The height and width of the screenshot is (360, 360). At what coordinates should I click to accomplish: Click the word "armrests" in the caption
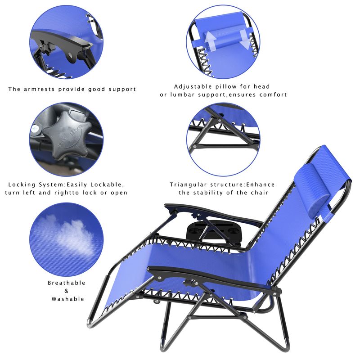click(39, 89)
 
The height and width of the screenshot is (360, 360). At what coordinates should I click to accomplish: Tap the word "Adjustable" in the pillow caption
click(193, 86)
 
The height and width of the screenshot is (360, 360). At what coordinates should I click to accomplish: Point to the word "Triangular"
click(188, 184)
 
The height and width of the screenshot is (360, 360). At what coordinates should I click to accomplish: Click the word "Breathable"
click(66, 283)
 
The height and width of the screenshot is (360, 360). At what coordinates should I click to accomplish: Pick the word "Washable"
click(68, 299)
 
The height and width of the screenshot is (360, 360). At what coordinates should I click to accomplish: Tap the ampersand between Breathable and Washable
click(66, 291)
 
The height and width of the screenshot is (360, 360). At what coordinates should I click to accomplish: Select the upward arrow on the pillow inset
click(210, 40)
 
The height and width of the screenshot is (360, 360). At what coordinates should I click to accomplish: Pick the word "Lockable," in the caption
click(107, 185)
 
